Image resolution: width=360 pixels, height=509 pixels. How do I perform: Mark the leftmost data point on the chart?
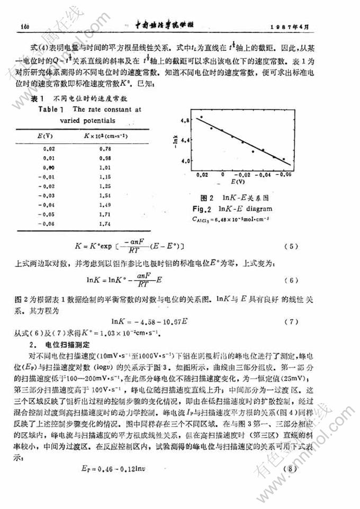(x=201, y=117)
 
